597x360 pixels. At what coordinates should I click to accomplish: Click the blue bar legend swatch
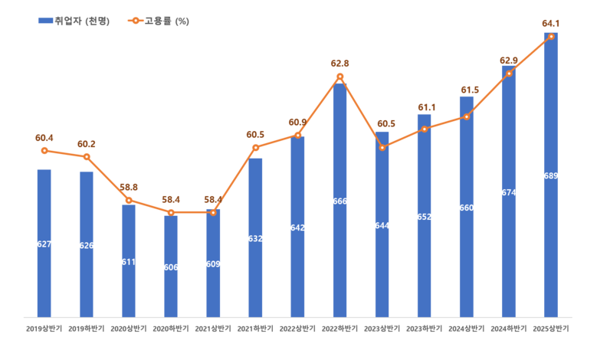tap(45, 21)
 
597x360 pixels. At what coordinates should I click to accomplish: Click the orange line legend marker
tap(136, 21)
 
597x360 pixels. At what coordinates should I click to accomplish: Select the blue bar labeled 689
tap(551, 230)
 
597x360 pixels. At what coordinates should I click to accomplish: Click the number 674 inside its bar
tap(509, 192)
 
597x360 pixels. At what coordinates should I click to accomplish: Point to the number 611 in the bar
tap(129, 262)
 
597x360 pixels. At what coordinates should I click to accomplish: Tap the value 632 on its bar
tap(255, 238)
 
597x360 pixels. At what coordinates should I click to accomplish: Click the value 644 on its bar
tap(382, 225)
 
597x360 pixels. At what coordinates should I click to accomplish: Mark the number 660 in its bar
tap(466, 208)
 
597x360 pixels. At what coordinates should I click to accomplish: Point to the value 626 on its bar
tap(87, 245)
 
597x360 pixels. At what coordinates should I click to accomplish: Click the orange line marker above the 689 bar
tap(551, 36)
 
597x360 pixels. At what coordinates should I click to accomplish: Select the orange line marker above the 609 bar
tap(213, 212)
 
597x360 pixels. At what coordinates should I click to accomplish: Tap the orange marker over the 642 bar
tap(297, 135)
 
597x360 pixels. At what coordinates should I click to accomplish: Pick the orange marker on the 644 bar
tap(382, 147)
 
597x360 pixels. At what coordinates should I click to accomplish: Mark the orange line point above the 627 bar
tap(44, 150)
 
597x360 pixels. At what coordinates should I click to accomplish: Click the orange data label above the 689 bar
tap(551, 23)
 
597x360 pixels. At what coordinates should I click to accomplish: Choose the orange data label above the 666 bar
tap(340, 64)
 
